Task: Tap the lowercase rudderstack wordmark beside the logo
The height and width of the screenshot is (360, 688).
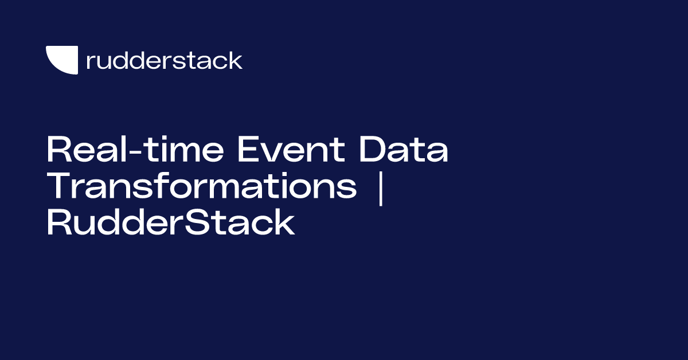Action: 164,60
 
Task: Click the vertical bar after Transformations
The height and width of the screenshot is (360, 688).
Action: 380,187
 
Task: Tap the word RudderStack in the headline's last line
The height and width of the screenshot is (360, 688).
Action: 170,223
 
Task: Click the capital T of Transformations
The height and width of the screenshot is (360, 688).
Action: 58,187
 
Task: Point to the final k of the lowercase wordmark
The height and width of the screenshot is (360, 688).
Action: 236,60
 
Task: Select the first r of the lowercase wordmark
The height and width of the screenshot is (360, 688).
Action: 89,62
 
